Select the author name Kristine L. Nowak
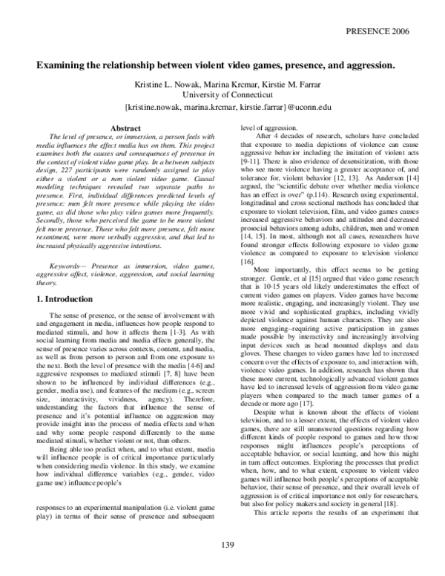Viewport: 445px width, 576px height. coord(163,82)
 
